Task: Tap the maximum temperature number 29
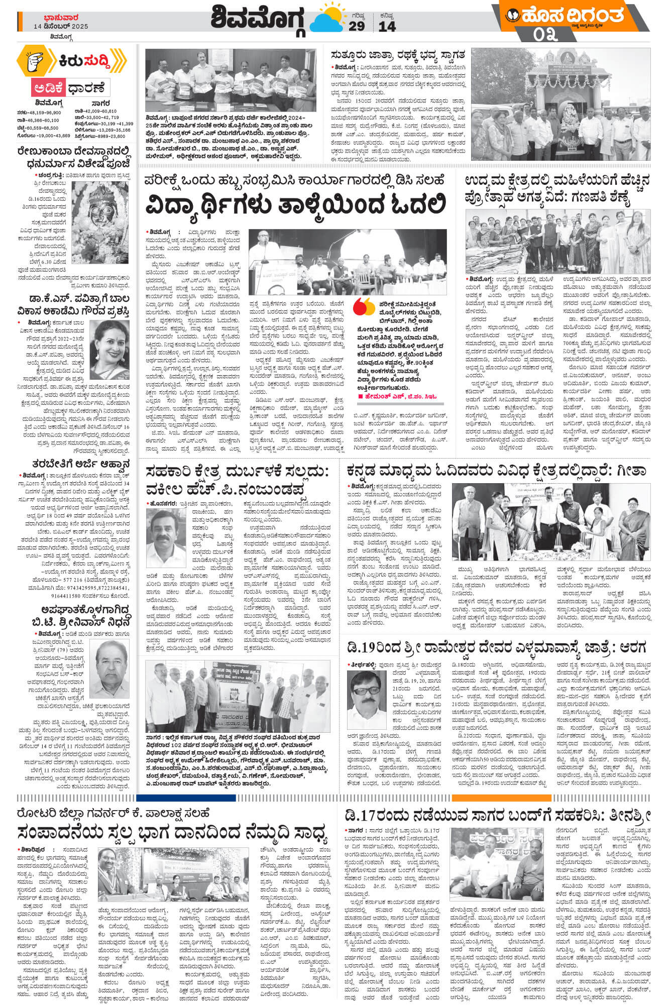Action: (x=356, y=26)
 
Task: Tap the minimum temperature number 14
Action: (x=387, y=26)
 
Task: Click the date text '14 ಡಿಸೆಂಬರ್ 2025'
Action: (x=61, y=26)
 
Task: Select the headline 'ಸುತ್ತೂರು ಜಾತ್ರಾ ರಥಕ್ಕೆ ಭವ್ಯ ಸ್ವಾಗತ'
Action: (x=397, y=54)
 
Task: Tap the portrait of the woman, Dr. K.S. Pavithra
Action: (x=109, y=349)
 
